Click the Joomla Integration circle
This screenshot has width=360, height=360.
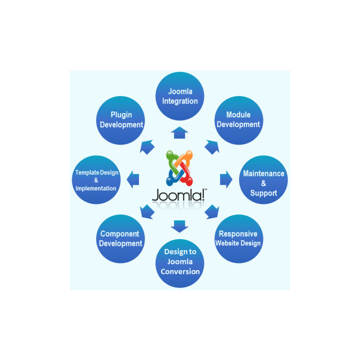[179, 96]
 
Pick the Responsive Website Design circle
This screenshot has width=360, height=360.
[238, 239]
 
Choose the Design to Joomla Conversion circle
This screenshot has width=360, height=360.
[180, 263]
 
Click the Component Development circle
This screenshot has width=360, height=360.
[120, 239]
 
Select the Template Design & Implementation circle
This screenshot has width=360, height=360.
[96, 180]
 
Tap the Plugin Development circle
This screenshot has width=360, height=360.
[121, 120]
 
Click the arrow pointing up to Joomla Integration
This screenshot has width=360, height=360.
[179, 132]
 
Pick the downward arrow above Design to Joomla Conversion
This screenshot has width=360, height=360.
[179, 226]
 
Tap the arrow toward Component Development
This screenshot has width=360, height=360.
[147, 211]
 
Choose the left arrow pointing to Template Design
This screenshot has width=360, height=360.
[133, 179]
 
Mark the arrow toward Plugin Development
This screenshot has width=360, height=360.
[147, 146]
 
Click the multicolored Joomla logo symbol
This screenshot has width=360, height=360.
[179, 166]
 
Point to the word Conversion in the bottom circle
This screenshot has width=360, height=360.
[180, 272]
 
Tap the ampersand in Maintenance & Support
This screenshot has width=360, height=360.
[263, 183]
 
